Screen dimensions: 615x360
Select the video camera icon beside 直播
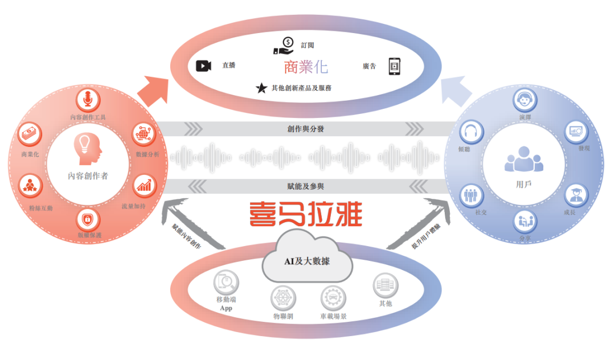(203, 66)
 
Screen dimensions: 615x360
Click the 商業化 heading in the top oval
(306, 67)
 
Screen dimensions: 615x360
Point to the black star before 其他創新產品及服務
(261, 88)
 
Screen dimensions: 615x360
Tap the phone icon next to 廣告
(395, 66)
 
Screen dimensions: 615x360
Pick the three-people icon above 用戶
(524, 159)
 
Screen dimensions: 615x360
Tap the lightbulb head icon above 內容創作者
(88, 149)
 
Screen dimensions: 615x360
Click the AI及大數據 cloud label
(307, 261)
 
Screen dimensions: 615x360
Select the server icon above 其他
(385, 284)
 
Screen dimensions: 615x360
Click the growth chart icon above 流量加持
(143, 186)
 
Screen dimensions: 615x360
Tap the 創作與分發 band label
(306, 129)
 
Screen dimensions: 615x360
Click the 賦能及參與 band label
(306, 186)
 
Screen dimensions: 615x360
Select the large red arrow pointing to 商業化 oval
(153, 91)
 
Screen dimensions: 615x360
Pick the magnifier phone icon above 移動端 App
(226, 281)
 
